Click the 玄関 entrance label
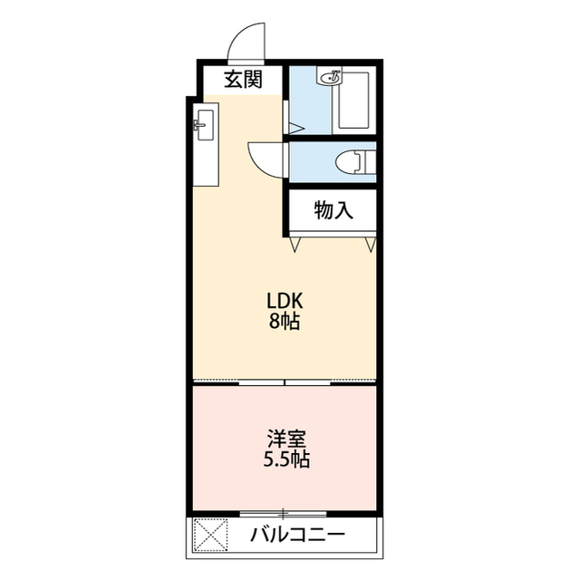[x=243, y=80]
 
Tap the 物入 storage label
[x=333, y=210]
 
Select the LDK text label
[x=285, y=301]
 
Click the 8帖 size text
[x=284, y=321]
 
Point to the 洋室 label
[x=286, y=439]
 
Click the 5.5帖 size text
[x=286, y=459]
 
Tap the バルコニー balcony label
[x=297, y=535]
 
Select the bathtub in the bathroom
[x=354, y=101]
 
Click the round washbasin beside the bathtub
[x=331, y=78]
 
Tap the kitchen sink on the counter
[x=206, y=125]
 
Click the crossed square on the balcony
[x=210, y=535]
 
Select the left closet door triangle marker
[x=295, y=245]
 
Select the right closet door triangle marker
[x=371, y=245]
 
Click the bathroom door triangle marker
[x=296, y=129]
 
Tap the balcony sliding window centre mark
[x=283, y=514]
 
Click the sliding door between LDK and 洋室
[x=285, y=382]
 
